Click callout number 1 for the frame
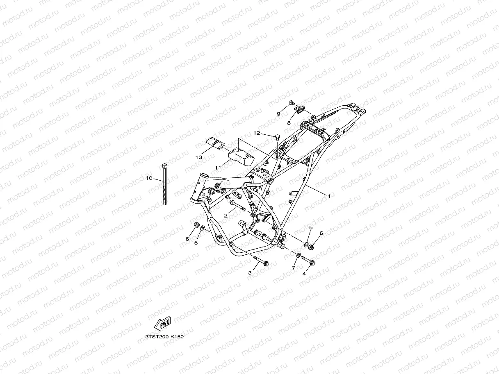point(328,196)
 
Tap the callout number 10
point(149,178)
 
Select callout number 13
point(199,157)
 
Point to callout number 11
point(218,167)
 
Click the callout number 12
point(257,133)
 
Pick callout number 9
point(278,113)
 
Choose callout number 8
point(289,122)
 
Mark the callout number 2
point(226,215)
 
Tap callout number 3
point(250,272)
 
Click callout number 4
point(304,273)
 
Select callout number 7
point(294,267)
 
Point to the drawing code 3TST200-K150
point(164,337)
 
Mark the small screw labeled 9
point(292,102)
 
